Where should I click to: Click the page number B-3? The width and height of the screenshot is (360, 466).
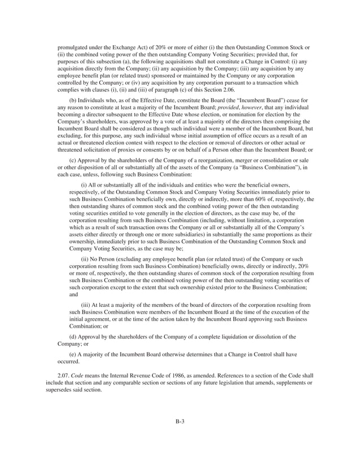[x=179, y=422]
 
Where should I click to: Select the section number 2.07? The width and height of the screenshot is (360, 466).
[x=64, y=375]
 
